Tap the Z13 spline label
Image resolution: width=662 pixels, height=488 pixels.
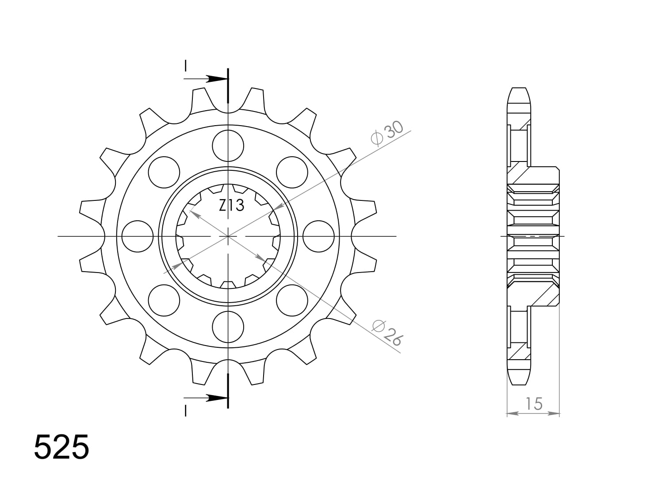point(231,205)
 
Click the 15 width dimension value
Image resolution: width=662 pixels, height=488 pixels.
point(534,403)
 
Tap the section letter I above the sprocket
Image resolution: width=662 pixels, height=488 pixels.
point(186,66)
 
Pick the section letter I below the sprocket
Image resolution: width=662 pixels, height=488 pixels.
point(186,411)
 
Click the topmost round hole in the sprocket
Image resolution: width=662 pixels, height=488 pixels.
point(228,146)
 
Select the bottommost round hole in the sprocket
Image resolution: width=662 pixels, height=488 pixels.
point(228,327)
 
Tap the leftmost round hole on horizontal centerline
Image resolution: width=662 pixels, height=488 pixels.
point(137,236)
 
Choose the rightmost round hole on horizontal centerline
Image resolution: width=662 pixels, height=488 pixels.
point(319,236)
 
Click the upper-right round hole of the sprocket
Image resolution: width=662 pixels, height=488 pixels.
point(292,172)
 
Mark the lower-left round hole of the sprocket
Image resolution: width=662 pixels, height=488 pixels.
point(164,300)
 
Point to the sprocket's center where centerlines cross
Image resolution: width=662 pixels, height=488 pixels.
point(228,236)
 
